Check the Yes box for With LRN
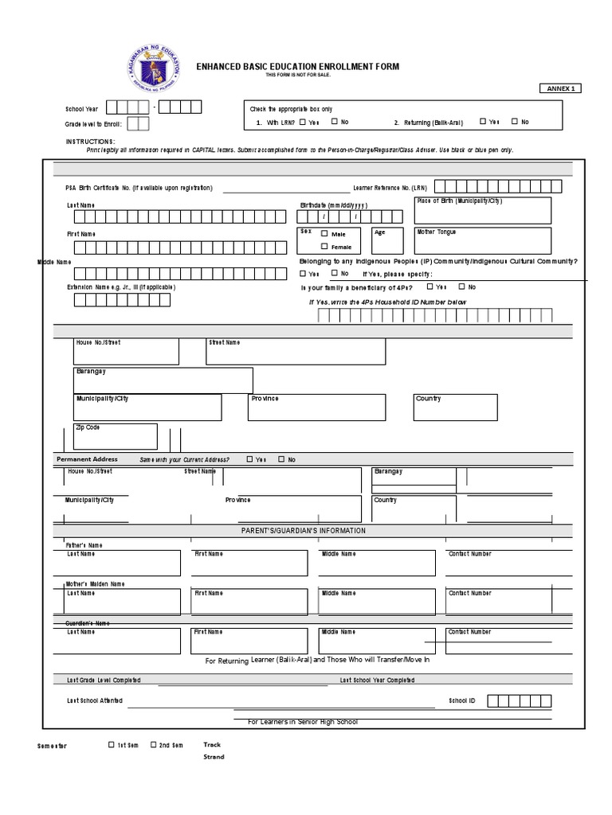point(303,122)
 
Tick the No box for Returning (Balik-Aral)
point(515,122)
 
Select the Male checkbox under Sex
point(324,234)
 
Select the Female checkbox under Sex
point(324,247)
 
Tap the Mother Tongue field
point(482,240)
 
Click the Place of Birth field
point(482,211)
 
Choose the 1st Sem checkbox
point(112,745)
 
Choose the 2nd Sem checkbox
point(153,745)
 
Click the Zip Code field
point(115,436)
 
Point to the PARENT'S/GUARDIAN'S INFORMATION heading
point(304,530)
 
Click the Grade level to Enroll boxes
point(137,123)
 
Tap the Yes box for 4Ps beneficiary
point(430,287)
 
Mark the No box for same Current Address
point(281,459)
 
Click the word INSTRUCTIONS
point(90,141)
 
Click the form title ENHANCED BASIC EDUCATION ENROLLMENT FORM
point(298,67)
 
